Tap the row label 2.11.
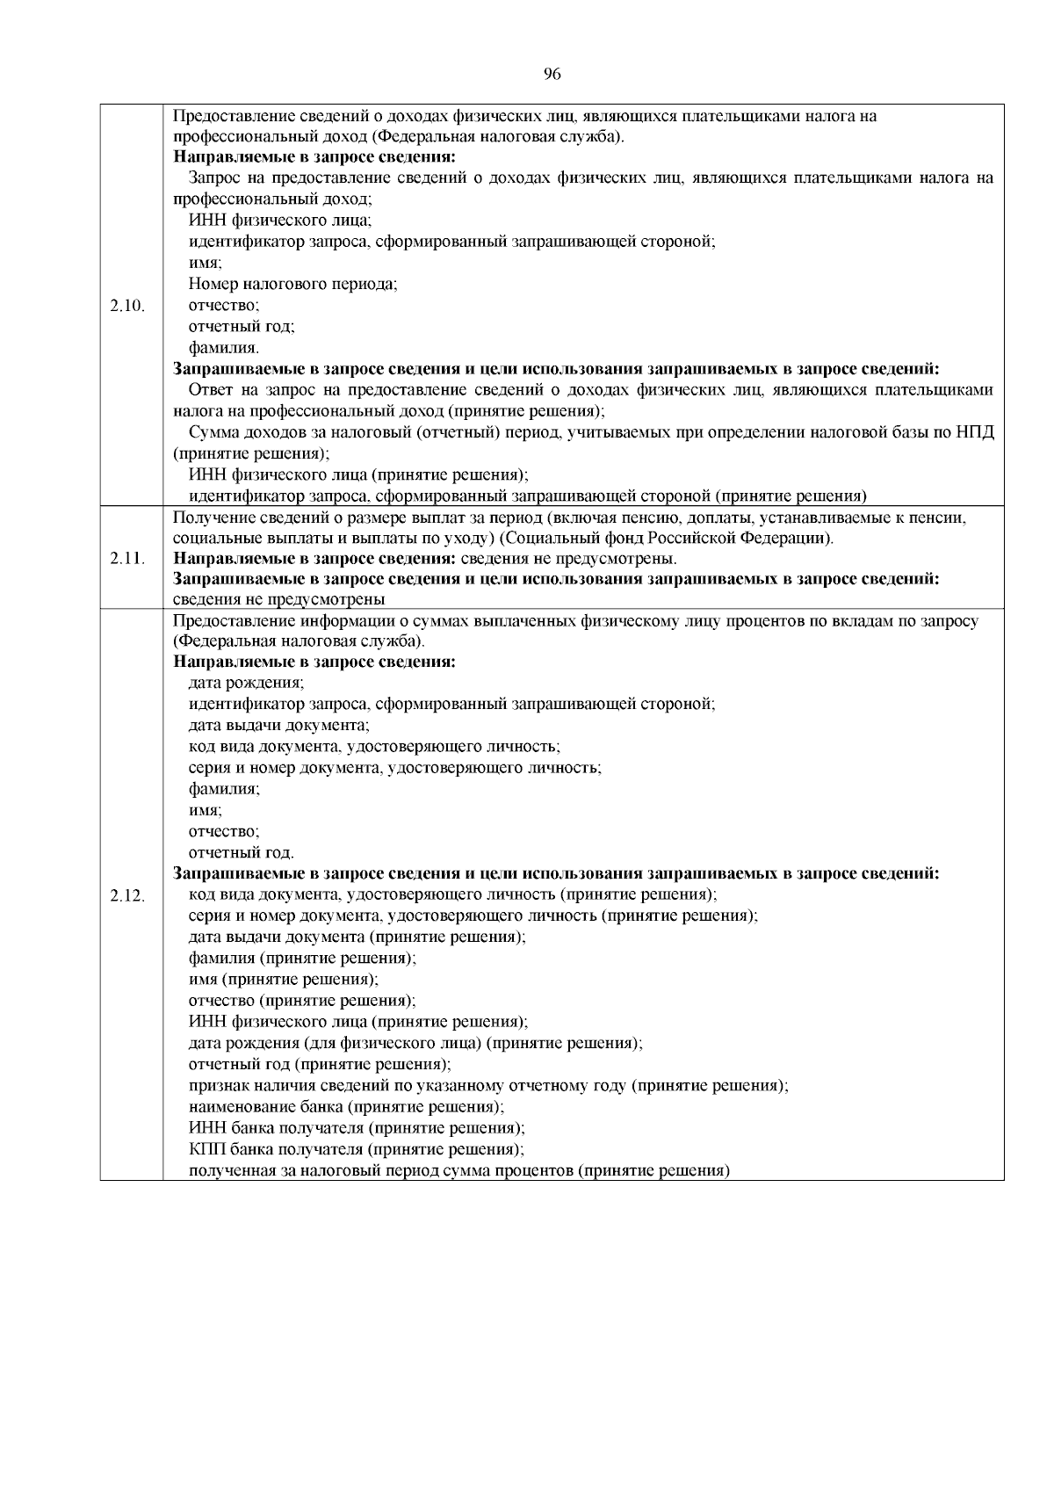(129, 559)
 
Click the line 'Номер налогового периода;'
(293, 284)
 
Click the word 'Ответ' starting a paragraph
(211, 390)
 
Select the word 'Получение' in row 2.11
(207, 518)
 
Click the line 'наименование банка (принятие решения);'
(347, 1107)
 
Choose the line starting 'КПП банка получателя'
(357, 1149)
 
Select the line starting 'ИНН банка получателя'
(357, 1128)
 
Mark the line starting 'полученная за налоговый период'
(459, 1170)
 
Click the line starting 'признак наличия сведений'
(488, 1086)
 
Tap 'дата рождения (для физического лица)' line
(415, 1044)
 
